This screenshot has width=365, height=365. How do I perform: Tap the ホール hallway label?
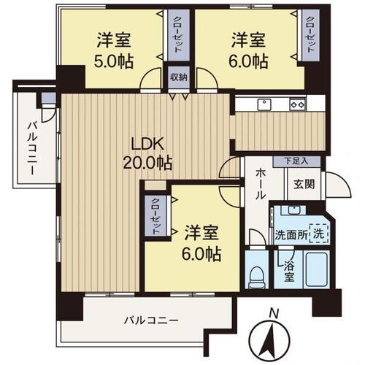tap(261, 185)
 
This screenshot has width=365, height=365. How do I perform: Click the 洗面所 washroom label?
tap(289, 236)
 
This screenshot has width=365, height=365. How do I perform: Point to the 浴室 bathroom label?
tap(289, 272)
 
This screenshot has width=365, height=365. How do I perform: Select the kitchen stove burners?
tap(297, 104)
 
